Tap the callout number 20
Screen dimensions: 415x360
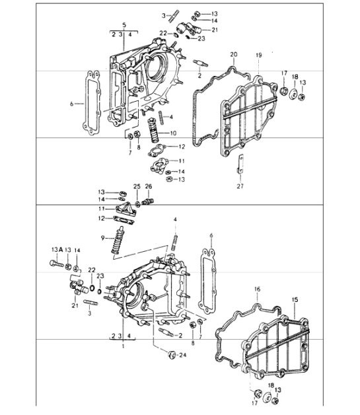coord(233,54)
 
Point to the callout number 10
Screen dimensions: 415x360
coord(173,133)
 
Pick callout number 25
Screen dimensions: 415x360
coord(137,186)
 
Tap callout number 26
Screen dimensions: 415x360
coord(149,186)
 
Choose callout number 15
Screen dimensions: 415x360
coord(295,299)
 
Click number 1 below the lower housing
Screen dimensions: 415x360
coord(122,344)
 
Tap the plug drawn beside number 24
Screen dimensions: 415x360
coord(172,356)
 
